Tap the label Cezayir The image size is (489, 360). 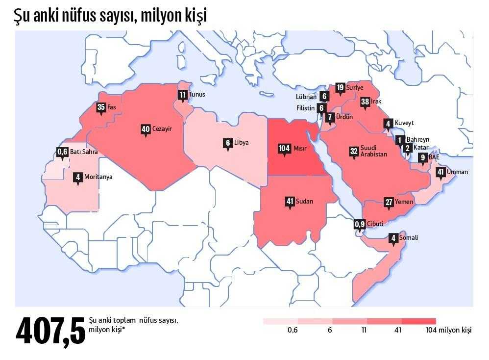coord(161,129)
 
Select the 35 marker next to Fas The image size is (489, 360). coord(101,107)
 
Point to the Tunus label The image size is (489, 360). coord(197,94)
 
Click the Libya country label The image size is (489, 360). coord(241,143)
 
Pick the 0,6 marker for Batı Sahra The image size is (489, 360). coord(62,152)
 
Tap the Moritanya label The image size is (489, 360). coord(98,177)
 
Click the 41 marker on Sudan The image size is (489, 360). coord(290,201)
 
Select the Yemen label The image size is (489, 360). coord(405,202)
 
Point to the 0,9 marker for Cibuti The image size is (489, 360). coord(360,225)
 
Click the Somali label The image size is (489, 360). coord(409,238)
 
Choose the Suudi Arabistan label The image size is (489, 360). coord(373,151)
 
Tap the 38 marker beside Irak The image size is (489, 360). coord(365,102)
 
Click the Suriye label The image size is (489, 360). coord(355,87)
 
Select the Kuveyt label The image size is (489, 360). coord(404,123)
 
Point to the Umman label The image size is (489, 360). coord(457,172)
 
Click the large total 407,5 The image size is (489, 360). coord(50,331)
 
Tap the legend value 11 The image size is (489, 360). coord(364,330)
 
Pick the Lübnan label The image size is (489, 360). coord(306,97)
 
